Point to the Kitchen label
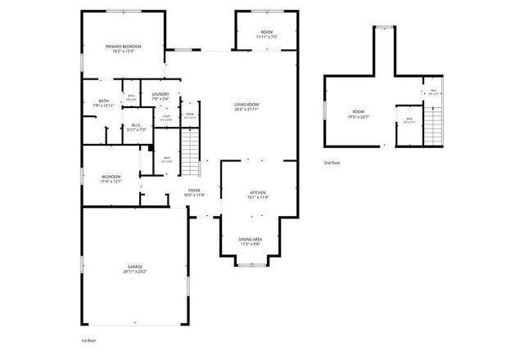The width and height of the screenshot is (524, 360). pos(258,194)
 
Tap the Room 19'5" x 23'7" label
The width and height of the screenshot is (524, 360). pos(359,113)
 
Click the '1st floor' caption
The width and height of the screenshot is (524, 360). pos(89,339)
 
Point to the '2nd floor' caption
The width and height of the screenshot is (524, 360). pos(332,163)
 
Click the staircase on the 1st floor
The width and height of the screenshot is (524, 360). pos(189,153)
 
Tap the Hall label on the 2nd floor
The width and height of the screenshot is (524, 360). pos(433,92)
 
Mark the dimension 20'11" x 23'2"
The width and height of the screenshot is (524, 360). pos(135,273)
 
